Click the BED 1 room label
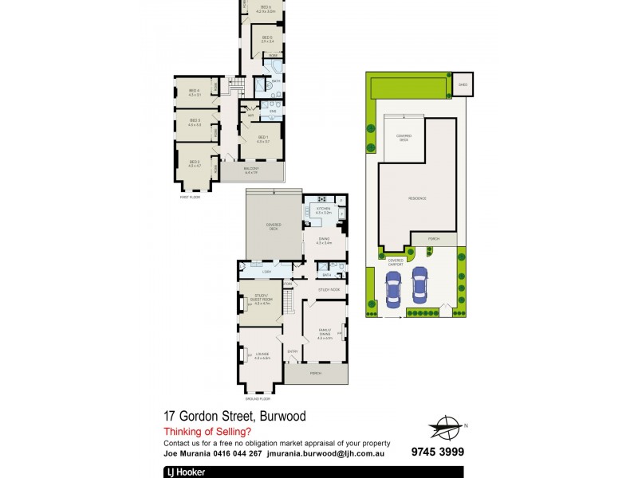(x=263, y=137)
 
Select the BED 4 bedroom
(x=194, y=92)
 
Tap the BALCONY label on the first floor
(x=250, y=170)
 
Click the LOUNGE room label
(x=262, y=355)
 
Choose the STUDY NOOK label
(x=329, y=289)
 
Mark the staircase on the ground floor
(x=292, y=302)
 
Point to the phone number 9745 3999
(x=437, y=453)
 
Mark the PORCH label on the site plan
(x=432, y=239)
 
